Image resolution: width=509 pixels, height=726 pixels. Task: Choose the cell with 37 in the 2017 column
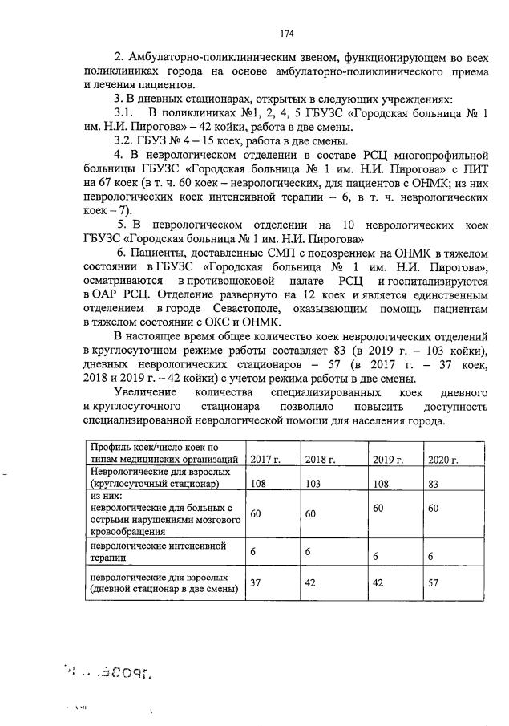(x=257, y=583)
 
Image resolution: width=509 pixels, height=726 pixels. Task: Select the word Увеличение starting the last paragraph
(x=147, y=392)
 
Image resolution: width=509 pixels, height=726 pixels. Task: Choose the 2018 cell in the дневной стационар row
(x=315, y=583)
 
